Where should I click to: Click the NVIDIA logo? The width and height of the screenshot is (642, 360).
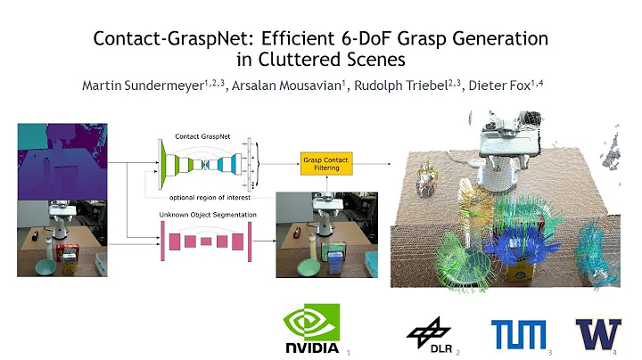(x=311, y=329)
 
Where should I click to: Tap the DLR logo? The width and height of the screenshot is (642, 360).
(x=429, y=333)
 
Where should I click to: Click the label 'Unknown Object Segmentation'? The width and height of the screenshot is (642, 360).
(x=202, y=215)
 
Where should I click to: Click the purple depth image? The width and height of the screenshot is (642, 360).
(x=61, y=161)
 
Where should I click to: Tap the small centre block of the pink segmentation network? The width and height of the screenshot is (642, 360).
(x=206, y=241)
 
